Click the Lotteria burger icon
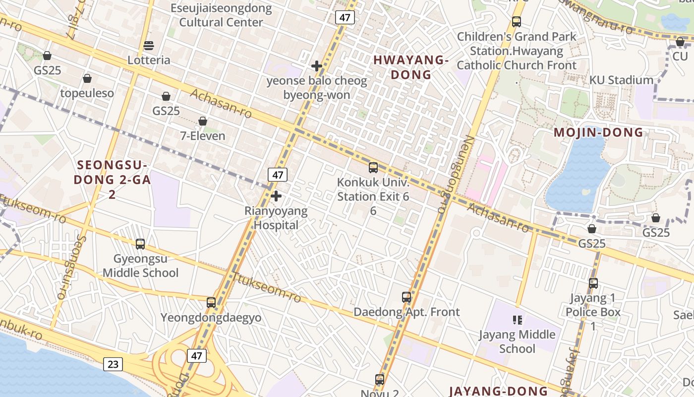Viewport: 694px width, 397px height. coord(149,46)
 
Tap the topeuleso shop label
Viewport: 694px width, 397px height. coord(87,93)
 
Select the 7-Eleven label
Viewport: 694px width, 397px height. coord(202,135)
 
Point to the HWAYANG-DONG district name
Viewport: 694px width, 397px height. coord(411,67)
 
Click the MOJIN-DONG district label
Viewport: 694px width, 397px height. coord(598,132)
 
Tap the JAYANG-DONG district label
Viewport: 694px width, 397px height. coord(498,391)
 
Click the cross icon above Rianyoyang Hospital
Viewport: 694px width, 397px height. coord(276,196)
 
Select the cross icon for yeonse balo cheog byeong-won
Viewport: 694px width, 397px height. coord(317,66)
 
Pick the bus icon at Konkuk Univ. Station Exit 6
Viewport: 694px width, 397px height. coord(373,168)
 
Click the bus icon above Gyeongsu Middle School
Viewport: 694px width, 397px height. coord(140,244)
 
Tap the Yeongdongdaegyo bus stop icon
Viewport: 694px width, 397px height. coord(211,302)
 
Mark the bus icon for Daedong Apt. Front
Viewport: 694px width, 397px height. coord(406,297)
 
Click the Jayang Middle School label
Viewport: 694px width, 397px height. coord(517,341)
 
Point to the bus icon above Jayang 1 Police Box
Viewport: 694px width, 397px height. coord(593,283)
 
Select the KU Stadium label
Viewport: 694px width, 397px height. coord(621,80)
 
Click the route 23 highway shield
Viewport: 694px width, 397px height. coord(113,364)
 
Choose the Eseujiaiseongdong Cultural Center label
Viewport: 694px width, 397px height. coord(221,15)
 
